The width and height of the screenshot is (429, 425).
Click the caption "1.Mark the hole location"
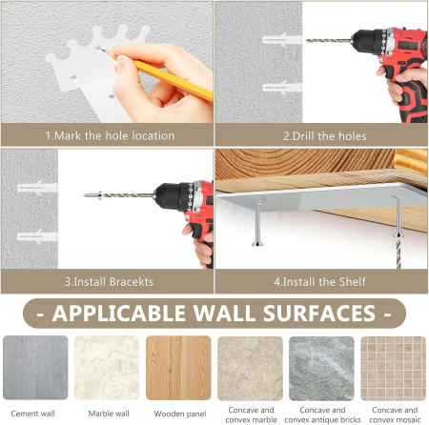click(110, 135)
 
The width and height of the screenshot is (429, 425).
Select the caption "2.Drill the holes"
click(324, 135)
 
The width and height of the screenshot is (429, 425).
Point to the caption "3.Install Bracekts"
click(110, 282)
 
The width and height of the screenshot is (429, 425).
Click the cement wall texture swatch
click(35, 368)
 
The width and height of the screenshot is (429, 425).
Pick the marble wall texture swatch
click(107, 368)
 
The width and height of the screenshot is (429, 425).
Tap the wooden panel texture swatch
click(178, 368)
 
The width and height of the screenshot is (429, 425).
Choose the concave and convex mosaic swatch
click(393, 368)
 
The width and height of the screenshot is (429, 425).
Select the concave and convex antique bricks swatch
click(321, 368)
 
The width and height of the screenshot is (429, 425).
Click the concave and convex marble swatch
click(250, 368)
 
